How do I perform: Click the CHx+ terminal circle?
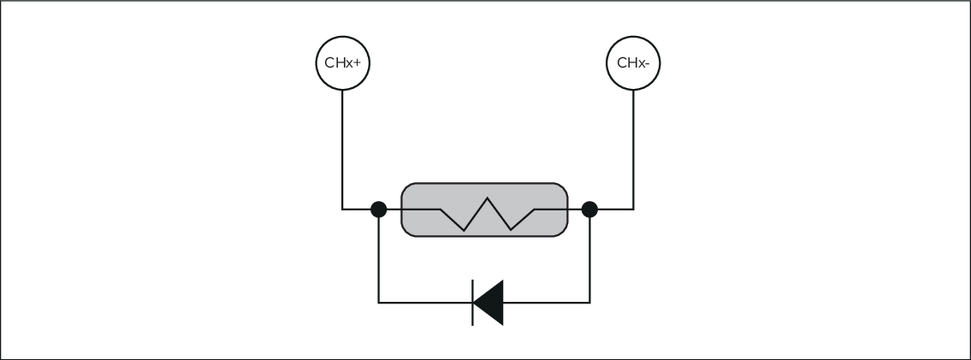coord(342,62)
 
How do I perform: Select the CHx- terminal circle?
coord(634,62)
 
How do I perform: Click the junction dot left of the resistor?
coord(379,208)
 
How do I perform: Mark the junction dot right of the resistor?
coord(589,208)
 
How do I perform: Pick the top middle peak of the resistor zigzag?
coord(487,200)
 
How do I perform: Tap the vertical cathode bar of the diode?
coord(473,302)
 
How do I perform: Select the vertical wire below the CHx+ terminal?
coord(342,145)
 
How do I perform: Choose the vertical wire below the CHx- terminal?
coord(634,145)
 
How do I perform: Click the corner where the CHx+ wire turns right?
coord(342,208)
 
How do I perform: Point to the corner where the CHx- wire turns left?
coord(634,208)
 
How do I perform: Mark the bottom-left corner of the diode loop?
coord(379,302)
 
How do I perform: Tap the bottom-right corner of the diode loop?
coord(589,302)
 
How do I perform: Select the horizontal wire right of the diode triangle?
coord(548,302)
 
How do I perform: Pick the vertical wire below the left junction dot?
coord(379,257)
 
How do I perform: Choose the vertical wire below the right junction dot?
coord(589,257)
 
